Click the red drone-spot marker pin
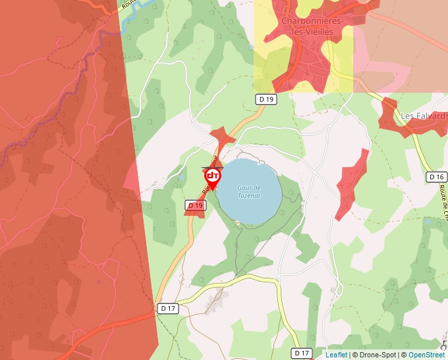pos(212,177)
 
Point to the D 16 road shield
pos(436,177)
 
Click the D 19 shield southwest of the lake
pos(195,206)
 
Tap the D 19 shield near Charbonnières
pos(265,99)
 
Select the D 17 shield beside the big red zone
pos(168,308)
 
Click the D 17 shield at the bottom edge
pos(302,353)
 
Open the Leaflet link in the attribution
pos(336,355)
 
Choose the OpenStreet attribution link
pos(426,355)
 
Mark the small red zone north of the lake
pos(223,136)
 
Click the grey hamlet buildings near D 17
pos(215,303)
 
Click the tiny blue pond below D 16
pos(428,222)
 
